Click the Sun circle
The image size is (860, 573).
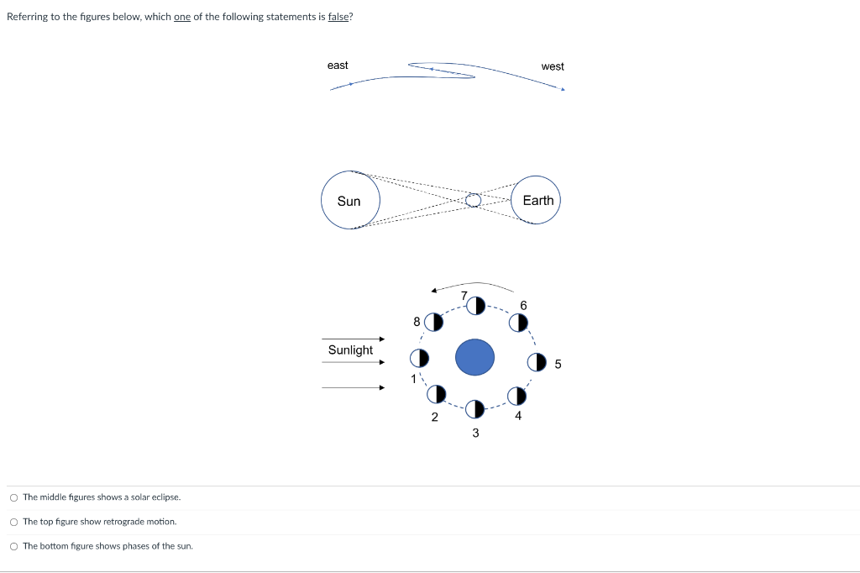350,201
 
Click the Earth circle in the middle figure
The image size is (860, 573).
537,200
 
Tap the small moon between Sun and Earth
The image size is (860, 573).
474,200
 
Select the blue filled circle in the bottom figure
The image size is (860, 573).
475,357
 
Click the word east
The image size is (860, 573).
338,66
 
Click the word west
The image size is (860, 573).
553,66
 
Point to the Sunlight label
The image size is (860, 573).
350,350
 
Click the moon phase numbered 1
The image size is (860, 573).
419,358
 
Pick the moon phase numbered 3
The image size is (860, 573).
475,408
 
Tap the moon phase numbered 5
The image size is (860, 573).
536,363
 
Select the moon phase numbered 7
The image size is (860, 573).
475,305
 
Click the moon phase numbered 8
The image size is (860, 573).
433,322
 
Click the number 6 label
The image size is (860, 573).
523,304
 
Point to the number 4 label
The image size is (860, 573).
518,415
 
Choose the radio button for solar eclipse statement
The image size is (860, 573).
14,497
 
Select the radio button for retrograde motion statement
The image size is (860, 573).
14,522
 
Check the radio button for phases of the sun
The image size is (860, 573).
14,546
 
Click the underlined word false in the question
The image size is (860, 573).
338,17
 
